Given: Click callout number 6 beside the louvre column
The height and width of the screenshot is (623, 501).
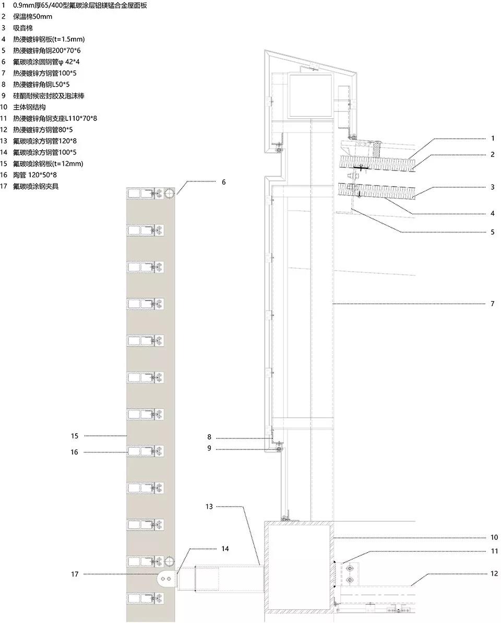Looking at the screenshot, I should (x=224, y=182).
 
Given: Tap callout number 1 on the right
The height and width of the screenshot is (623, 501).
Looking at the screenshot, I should (x=492, y=138).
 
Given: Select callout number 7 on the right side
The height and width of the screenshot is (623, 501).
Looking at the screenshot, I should (x=492, y=303).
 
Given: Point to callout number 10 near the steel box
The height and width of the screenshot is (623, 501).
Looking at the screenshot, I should (x=494, y=538).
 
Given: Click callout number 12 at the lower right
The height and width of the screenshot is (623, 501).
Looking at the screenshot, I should (x=494, y=574).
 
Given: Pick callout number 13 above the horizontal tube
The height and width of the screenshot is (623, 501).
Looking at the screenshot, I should (x=209, y=506).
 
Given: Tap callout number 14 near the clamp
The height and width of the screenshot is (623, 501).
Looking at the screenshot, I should (x=225, y=548).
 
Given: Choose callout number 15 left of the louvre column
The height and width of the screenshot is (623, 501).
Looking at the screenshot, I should (x=75, y=435).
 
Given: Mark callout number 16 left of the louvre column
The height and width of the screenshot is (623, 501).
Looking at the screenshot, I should (x=75, y=452).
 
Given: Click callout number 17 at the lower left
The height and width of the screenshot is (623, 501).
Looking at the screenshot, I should (x=75, y=574).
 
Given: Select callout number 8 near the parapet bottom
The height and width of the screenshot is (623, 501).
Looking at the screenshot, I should (x=209, y=437).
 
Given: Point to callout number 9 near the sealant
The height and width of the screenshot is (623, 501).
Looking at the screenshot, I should (x=209, y=448).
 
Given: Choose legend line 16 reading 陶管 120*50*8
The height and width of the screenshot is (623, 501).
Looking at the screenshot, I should (x=39, y=175).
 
